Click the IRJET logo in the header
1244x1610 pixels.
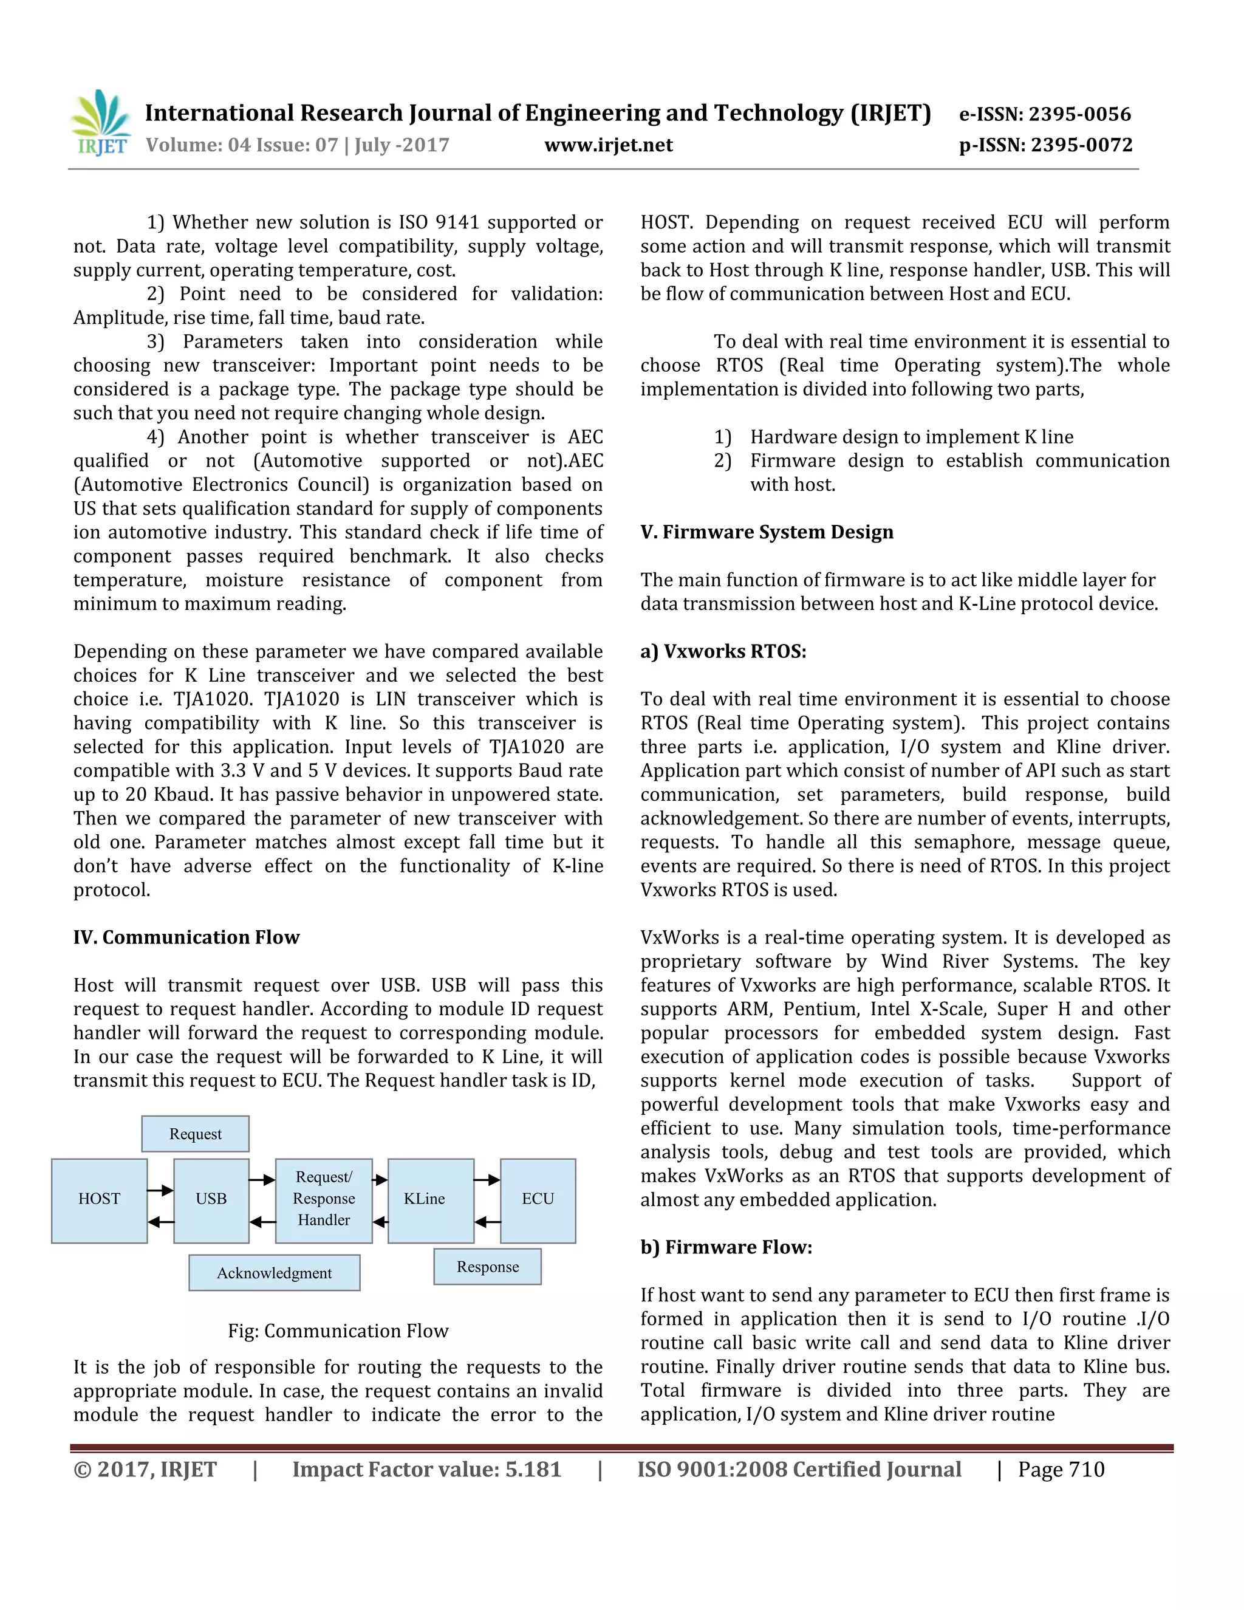pyautogui.click(x=100, y=123)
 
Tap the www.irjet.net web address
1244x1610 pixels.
pyautogui.click(x=608, y=145)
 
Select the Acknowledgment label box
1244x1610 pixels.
pyautogui.click(x=274, y=1273)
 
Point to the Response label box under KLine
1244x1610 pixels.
pyautogui.click(x=487, y=1267)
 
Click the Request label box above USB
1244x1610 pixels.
pyautogui.click(x=196, y=1134)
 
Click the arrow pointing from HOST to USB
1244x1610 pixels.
pyautogui.click(x=160, y=1190)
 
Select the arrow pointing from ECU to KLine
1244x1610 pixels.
pyautogui.click(x=487, y=1222)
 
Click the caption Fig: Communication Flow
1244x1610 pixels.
pyautogui.click(x=338, y=1331)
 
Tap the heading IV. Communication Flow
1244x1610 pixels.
pyautogui.click(x=186, y=937)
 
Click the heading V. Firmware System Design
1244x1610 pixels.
pyautogui.click(x=767, y=532)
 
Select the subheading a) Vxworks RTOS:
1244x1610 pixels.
pyautogui.click(x=723, y=652)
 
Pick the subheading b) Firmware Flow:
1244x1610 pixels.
pyautogui.click(x=726, y=1247)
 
